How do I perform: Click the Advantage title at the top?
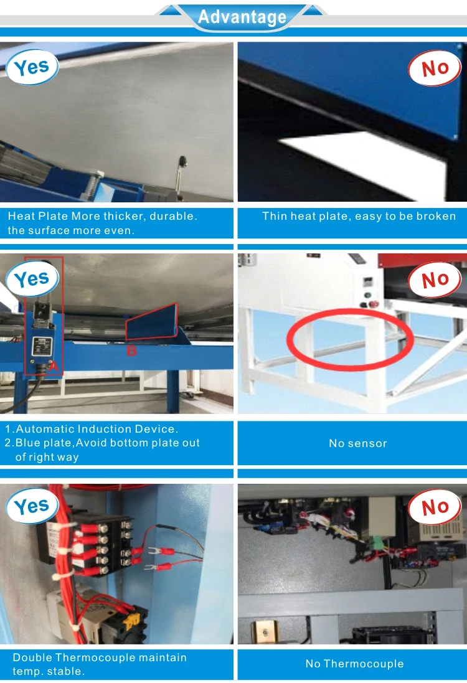(x=242, y=17)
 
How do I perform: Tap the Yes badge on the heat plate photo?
(x=32, y=67)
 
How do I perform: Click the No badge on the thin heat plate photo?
(x=435, y=68)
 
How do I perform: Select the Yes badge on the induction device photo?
(x=32, y=279)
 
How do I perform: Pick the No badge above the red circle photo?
(x=435, y=279)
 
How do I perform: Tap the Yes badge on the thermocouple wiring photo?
(x=32, y=506)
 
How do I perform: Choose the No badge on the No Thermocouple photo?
(x=435, y=507)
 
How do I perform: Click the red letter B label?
(x=131, y=351)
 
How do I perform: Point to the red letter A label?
(x=53, y=366)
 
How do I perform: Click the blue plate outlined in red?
(x=153, y=323)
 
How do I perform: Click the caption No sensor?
(x=357, y=443)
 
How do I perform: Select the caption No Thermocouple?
(x=354, y=664)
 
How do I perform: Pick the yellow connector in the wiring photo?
(x=132, y=619)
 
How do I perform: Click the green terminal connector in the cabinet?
(x=375, y=543)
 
